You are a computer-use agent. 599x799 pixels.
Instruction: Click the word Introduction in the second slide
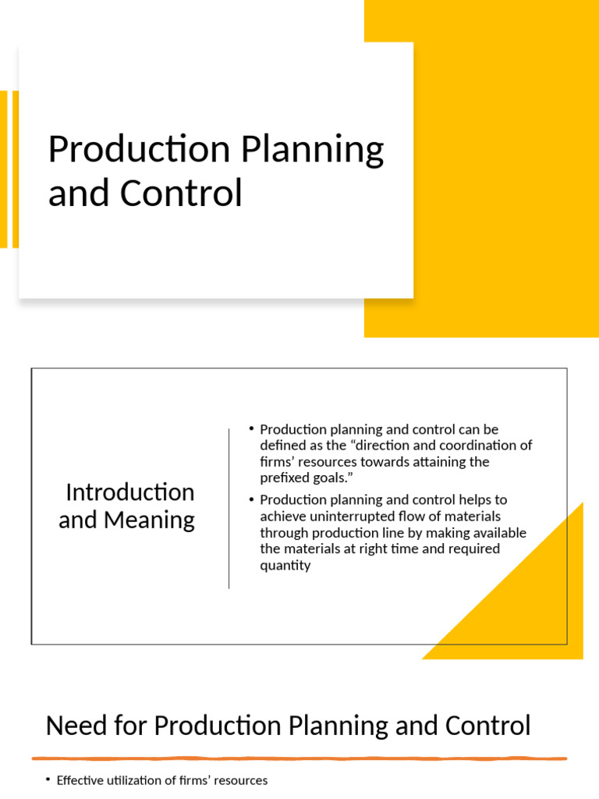coord(130,492)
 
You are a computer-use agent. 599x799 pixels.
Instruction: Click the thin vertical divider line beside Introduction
coord(229,507)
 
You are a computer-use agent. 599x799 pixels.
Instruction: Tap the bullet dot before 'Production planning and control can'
coord(251,429)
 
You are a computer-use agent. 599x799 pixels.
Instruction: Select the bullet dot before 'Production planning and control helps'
coord(251,499)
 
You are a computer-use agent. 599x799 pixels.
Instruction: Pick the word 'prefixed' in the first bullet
coord(283,478)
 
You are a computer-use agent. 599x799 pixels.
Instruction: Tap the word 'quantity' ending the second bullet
coord(285,565)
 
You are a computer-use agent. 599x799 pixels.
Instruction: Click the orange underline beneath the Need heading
coord(299,758)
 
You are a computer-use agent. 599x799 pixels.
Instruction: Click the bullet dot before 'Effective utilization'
coord(48,780)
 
